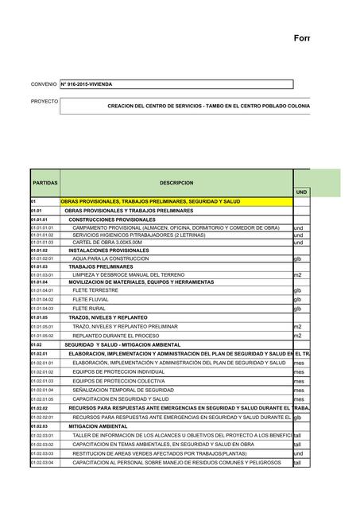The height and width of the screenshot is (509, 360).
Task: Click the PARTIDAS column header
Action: click(45, 183)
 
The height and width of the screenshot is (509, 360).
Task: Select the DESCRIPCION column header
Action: click(176, 183)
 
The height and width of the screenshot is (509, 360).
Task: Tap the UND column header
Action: click(301, 192)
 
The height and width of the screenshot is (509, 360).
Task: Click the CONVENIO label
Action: click(44, 84)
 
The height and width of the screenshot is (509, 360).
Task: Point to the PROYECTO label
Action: click(45, 102)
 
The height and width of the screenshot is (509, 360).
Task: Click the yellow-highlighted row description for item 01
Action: click(150, 202)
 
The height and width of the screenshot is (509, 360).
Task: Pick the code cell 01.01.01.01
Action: click(43, 227)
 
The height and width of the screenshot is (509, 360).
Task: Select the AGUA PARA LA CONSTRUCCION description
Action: click(110, 258)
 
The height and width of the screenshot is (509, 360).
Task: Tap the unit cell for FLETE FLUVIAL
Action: click(298, 299)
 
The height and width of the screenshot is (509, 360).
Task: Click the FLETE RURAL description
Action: click(89, 308)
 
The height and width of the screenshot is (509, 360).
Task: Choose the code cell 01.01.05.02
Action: click(43, 336)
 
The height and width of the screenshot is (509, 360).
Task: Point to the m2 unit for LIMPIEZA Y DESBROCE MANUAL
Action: click(298, 274)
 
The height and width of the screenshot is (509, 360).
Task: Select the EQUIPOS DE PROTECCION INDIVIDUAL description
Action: click(118, 371)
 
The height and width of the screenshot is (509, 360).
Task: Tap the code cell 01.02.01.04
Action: click(43, 390)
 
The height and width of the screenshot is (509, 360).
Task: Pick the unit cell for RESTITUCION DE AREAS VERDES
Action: click(298, 453)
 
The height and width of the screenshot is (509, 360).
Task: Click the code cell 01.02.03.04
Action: click(43, 462)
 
